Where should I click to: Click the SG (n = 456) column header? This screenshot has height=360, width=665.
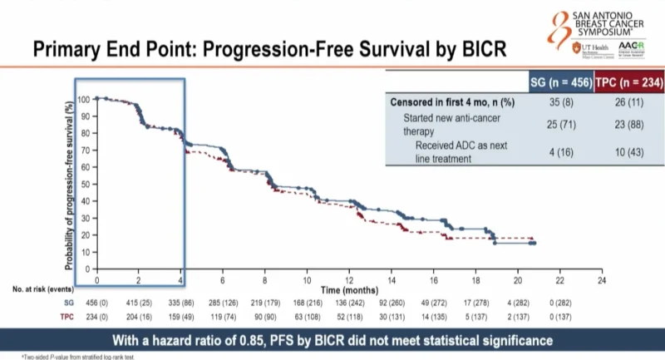click(561, 82)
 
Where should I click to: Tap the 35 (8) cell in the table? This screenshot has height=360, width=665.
click(561, 102)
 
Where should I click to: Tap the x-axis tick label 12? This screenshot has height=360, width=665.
click(350, 281)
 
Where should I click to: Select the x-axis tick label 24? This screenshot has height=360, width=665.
click(602, 281)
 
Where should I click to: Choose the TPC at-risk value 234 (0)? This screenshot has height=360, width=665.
click(96, 317)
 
